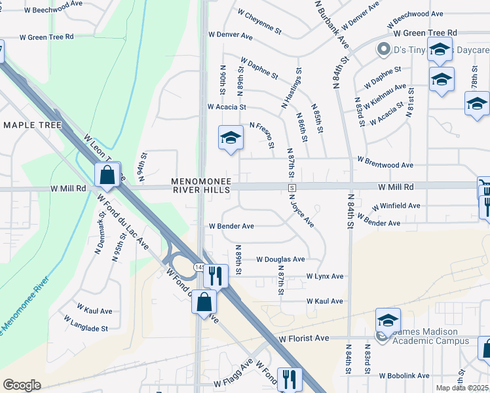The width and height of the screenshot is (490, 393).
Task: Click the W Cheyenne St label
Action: (259, 22)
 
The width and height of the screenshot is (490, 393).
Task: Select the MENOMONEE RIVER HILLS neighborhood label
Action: (201, 185)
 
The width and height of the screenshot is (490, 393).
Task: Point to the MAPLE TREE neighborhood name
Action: (32, 125)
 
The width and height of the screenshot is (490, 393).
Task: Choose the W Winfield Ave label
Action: (395, 205)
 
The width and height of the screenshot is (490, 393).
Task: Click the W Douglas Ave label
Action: (280, 259)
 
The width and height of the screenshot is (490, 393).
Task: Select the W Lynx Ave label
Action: (325, 276)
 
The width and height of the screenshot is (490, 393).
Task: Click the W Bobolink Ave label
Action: (404, 376)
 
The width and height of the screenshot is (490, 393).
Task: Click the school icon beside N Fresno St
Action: (230, 138)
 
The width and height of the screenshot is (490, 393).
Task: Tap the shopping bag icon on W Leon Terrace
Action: (107, 176)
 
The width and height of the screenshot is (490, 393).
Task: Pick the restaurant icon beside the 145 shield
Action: (215, 276)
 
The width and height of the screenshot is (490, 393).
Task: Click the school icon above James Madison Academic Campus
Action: (388, 321)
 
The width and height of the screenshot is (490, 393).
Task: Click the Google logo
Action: (22, 385)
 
